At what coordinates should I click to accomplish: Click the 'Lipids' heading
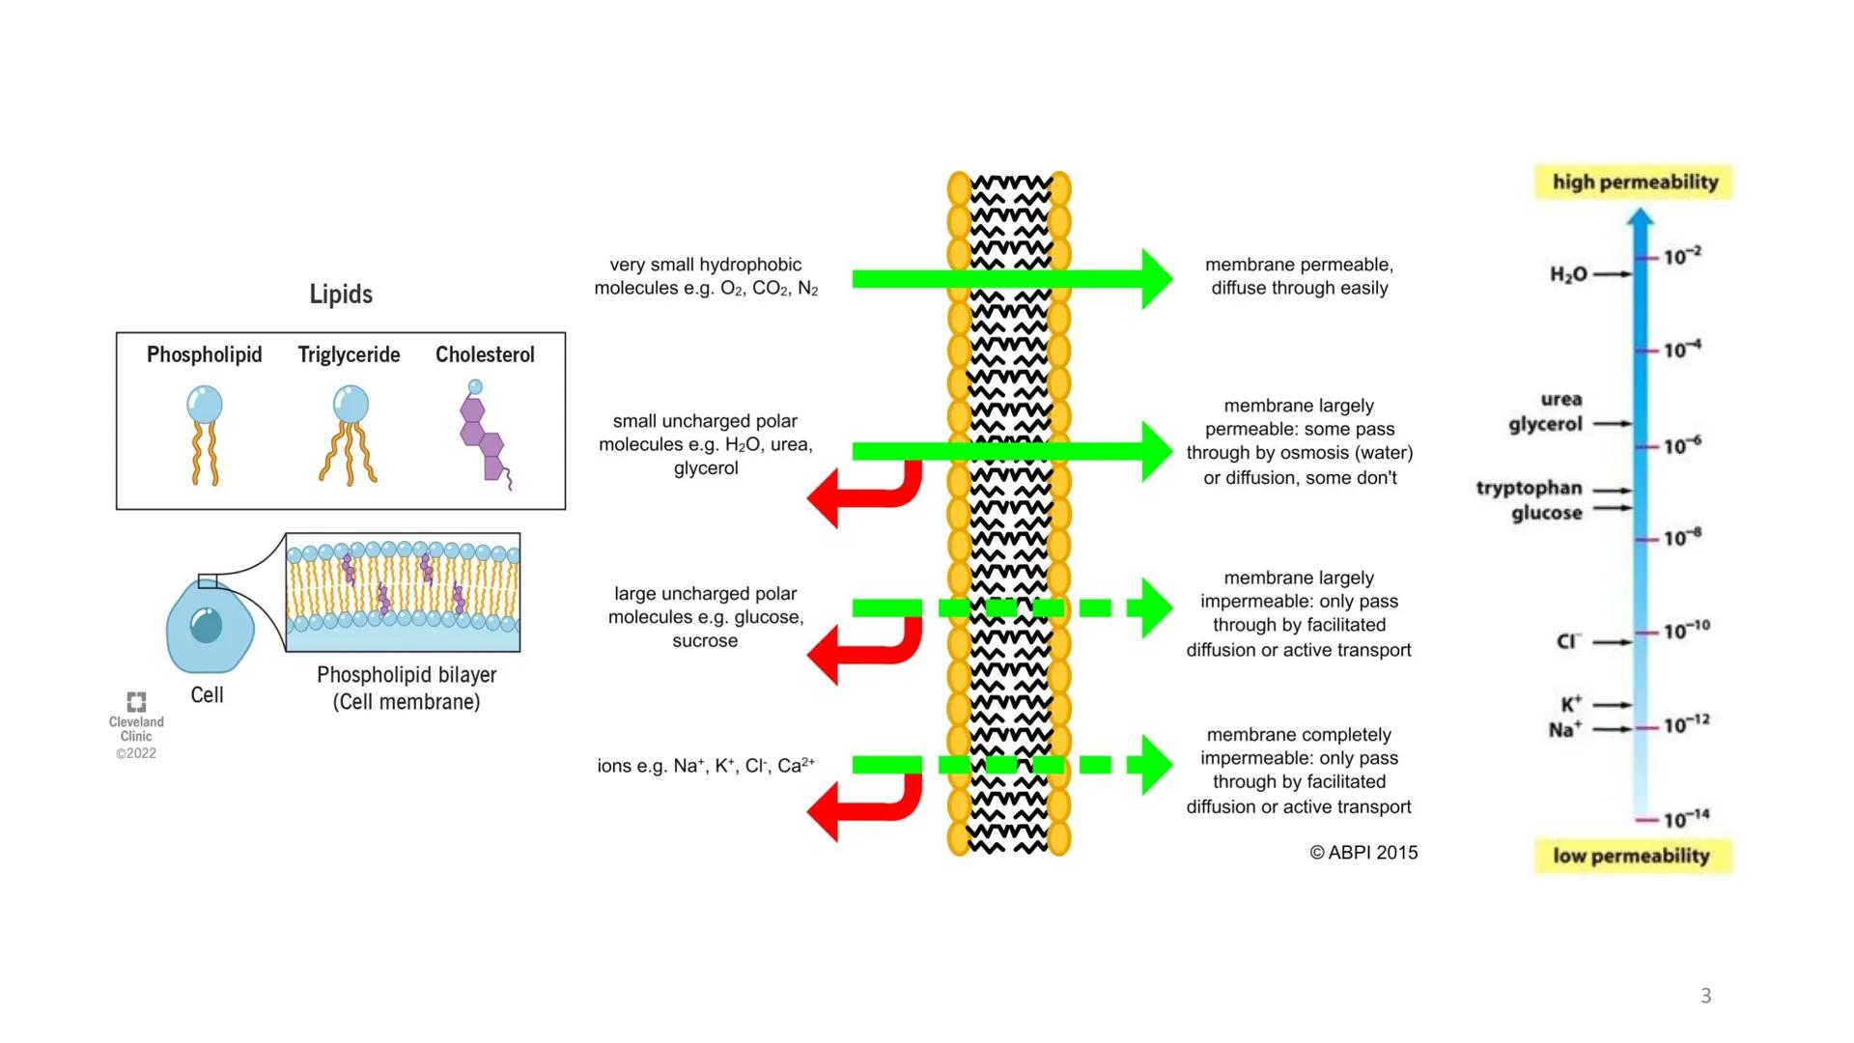(x=341, y=295)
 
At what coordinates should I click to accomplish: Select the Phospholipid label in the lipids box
(x=204, y=354)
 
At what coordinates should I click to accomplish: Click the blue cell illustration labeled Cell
(x=209, y=628)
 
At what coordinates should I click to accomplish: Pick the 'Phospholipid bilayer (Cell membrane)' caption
(x=407, y=689)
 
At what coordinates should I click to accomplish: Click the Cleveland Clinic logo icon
(x=136, y=701)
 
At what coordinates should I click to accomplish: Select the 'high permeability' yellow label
(x=1634, y=182)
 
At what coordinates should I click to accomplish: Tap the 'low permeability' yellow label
(x=1632, y=856)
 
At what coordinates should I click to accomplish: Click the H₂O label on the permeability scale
(x=1568, y=274)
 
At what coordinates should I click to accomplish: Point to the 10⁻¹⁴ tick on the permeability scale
(x=1684, y=819)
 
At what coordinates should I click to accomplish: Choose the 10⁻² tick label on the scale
(x=1681, y=256)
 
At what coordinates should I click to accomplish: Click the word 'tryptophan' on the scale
(x=1529, y=489)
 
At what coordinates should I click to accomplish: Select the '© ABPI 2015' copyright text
(x=1363, y=853)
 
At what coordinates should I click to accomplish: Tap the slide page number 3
(x=1705, y=996)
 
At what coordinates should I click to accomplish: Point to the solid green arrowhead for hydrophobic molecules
(x=1156, y=279)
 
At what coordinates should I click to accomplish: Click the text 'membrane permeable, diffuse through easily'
(x=1299, y=276)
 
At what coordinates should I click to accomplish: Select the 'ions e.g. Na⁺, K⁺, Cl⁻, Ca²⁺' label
(x=706, y=766)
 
